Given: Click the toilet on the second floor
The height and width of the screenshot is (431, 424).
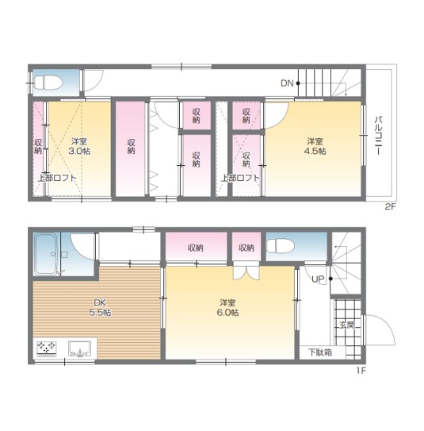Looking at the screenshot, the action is (48, 83).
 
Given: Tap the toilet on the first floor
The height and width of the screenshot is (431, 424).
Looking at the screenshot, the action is (280, 246).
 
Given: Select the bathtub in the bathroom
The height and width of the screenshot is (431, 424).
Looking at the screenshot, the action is (45, 254).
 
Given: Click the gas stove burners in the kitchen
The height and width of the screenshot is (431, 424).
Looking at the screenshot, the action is (47, 348).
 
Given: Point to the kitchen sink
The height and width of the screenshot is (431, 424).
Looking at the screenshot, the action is (79, 349).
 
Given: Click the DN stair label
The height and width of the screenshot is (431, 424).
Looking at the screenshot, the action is (287, 83).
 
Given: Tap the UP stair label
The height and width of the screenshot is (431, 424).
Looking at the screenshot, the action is (318, 279).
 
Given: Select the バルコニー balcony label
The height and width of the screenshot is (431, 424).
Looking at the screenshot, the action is (379, 136).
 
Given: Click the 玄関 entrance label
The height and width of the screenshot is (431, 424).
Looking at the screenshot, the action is (347, 325).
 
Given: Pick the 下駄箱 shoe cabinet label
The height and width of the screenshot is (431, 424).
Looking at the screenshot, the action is (320, 352).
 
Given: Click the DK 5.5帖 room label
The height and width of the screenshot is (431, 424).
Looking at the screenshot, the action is (100, 308).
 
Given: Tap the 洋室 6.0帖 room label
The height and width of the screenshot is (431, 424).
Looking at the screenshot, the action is (227, 308).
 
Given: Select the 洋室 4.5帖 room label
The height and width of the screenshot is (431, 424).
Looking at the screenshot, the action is (315, 147).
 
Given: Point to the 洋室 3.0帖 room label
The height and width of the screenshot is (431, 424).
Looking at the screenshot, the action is (79, 147).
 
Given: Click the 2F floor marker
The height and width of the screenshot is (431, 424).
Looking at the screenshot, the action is (390, 206).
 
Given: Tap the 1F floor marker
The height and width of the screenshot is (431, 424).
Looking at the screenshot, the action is (361, 371).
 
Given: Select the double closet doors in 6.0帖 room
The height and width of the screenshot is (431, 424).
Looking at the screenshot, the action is (246, 271).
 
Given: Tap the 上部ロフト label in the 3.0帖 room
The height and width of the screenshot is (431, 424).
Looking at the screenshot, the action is (57, 178).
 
